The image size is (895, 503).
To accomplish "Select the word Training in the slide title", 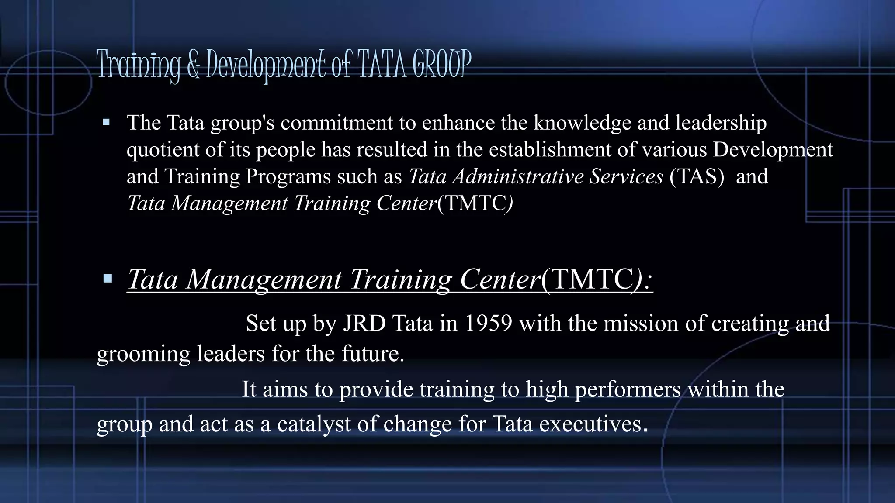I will click(138, 65).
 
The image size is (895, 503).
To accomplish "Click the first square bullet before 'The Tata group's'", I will click(106, 122).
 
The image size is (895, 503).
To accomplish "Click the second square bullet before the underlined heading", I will click(108, 279).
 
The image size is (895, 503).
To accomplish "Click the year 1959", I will click(488, 324).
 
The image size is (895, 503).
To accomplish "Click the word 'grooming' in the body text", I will click(143, 354).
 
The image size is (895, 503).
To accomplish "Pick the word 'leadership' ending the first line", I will click(721, 123).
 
